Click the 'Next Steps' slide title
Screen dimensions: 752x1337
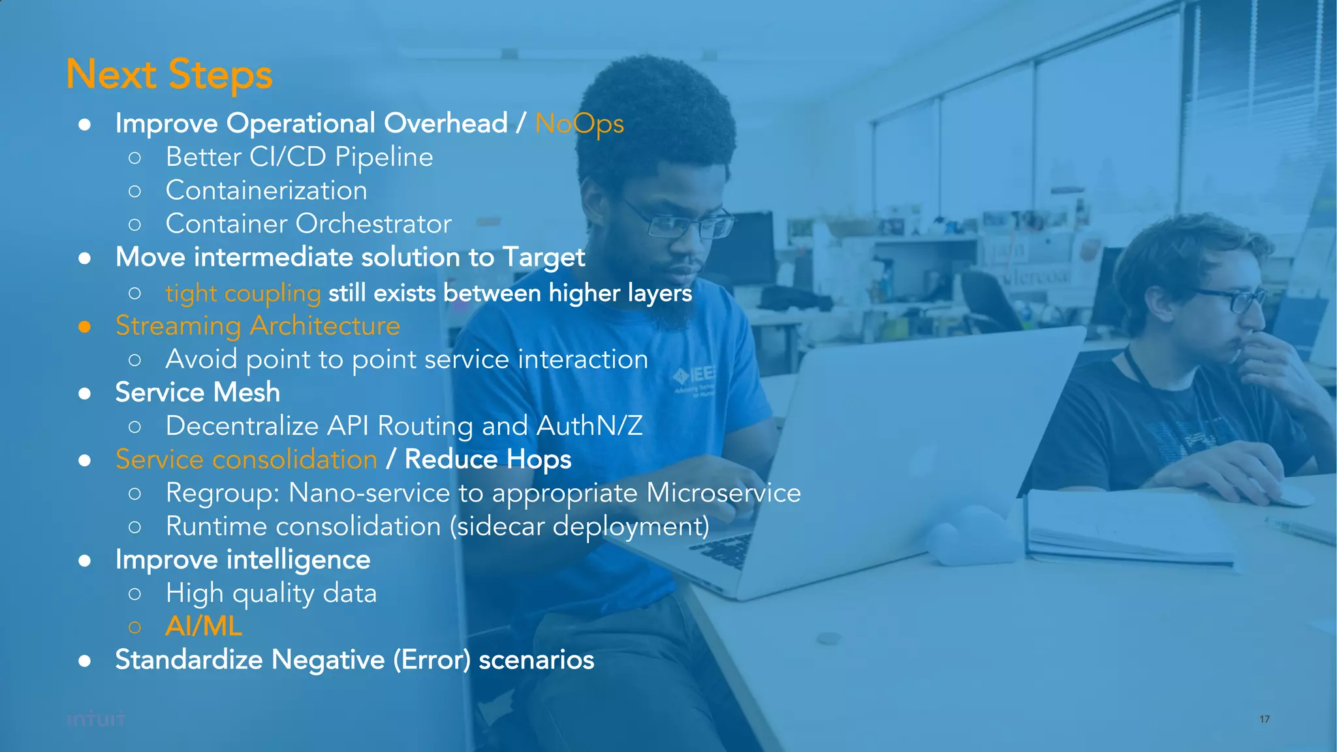click(169, 74)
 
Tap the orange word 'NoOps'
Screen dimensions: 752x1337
click(579, 124)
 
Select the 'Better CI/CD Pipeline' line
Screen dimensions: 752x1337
click(299, 157)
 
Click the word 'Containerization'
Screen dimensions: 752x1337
click(266, 191)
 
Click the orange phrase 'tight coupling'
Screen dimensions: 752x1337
click(243, 293)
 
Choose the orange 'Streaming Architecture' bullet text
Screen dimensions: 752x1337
click(257, 326)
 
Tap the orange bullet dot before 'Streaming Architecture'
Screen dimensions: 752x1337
click(84, 326)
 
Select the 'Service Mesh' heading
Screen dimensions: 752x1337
click(197, 392)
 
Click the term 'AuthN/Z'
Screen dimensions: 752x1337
click(589, 426)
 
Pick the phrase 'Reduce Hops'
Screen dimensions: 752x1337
click(488, 460)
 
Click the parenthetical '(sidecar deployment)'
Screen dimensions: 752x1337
click(580, 527)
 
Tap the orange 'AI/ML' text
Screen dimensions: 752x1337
click(204, 627)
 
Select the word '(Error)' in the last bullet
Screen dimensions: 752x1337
click(432, 660)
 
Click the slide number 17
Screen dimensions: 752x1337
click(1265, 719)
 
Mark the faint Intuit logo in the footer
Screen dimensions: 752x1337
click(95, 720)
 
